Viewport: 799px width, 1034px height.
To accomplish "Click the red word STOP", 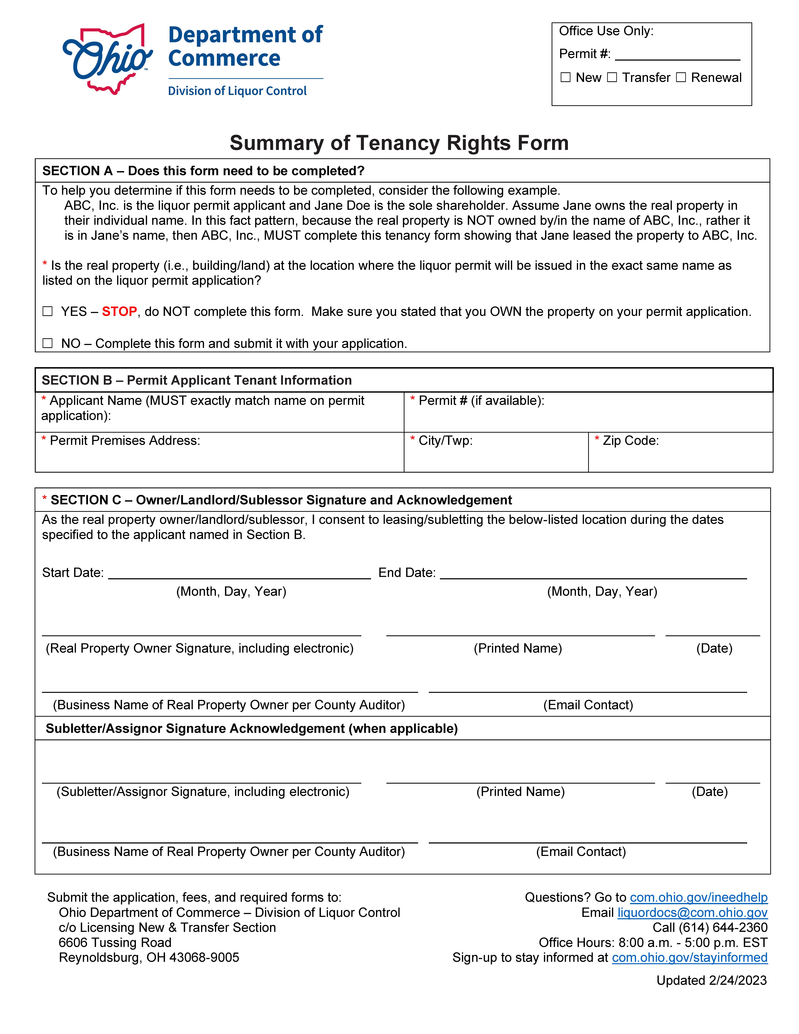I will [x=119, y=312].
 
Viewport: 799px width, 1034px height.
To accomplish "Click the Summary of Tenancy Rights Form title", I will [x=399, y=143].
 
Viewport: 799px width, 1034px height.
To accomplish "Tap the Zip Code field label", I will [x=631, y=441].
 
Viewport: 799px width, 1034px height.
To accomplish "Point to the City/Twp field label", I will [x=445, y=441].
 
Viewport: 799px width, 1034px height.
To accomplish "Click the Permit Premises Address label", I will [x=125, y=441].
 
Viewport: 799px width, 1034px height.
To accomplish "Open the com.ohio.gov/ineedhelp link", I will [x=699, y=898].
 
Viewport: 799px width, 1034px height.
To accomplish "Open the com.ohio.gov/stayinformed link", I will [x=690, y=958].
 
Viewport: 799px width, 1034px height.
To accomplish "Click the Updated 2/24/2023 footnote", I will [x=711, y=980].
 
